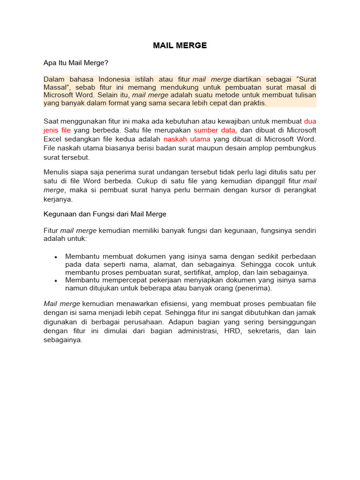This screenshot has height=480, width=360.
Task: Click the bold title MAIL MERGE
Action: click(180, 45)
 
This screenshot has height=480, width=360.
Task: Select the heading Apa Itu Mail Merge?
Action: click(76, 62)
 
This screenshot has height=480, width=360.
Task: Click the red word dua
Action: click(310, 121)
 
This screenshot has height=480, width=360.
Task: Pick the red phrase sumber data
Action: click(214, 130)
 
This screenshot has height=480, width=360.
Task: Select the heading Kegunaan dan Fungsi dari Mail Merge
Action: click(105, 214)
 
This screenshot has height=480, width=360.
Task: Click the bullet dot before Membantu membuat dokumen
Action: click(55, 257)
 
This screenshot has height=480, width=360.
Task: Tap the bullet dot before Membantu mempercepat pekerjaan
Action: click(55, 280)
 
